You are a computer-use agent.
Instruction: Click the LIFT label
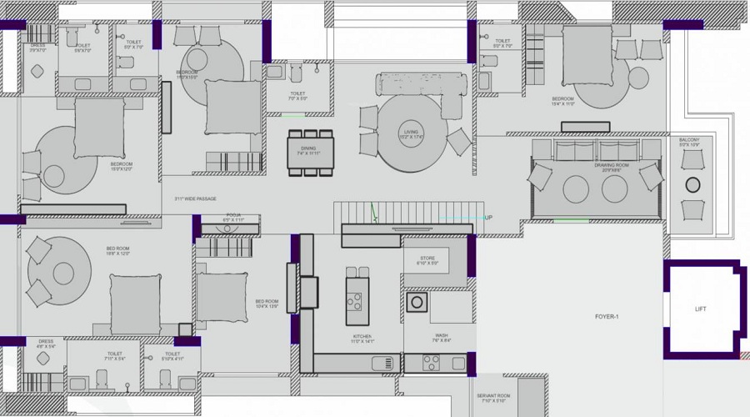[701, 309]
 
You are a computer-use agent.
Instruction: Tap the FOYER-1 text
[607, 317]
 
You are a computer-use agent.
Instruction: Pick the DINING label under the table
[309, 151]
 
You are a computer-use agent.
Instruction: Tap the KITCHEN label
[362, 338]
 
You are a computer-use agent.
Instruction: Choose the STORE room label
[427, 259]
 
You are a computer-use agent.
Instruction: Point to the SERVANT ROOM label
[492, 398]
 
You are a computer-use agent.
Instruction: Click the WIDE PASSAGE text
[195, 198]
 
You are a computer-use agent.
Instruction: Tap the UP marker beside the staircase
[488, 218]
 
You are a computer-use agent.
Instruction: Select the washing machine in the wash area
[417, 301]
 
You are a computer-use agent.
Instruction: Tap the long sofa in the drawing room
[595, 151]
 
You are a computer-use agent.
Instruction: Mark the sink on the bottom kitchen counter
[382, 363]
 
